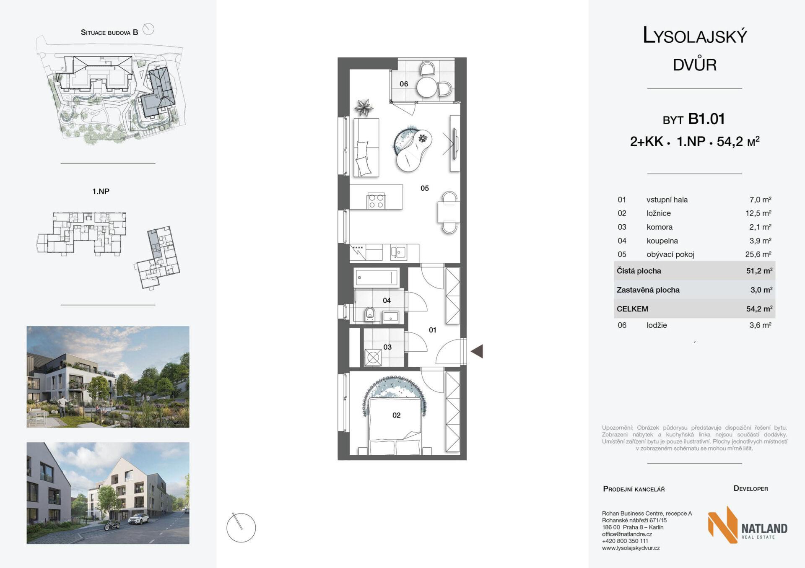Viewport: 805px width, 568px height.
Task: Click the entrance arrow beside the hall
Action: pos(477,351)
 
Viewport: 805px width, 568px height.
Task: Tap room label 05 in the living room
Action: pos(425,188)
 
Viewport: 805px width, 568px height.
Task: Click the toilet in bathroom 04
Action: pos(370,314)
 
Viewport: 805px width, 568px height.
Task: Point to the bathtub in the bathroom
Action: pos(377,277)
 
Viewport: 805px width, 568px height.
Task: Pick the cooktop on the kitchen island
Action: pos(376,201)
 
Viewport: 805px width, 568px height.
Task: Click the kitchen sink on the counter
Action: pos(398,252)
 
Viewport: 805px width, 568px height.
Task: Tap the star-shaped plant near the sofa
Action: pos(364,107)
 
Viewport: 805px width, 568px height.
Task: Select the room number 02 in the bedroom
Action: pos(396,415)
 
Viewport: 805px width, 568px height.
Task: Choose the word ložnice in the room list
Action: pos(658,213)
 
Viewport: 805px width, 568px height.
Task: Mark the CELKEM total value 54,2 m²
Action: pos(759,309)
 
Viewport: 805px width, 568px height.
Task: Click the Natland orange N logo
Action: pos(722,524)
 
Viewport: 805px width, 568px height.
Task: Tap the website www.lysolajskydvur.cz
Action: pos(631,548)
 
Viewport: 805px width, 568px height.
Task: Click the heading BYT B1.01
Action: pos(694,119)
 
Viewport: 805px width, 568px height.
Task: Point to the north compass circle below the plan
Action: pos(241,528)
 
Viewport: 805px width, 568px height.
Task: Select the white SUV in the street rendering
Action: pos(138,520)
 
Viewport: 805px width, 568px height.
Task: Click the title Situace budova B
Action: pos(109,32)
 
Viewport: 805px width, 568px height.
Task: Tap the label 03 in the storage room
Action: pos(387,347)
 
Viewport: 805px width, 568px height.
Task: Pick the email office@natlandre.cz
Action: pos(627,534)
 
